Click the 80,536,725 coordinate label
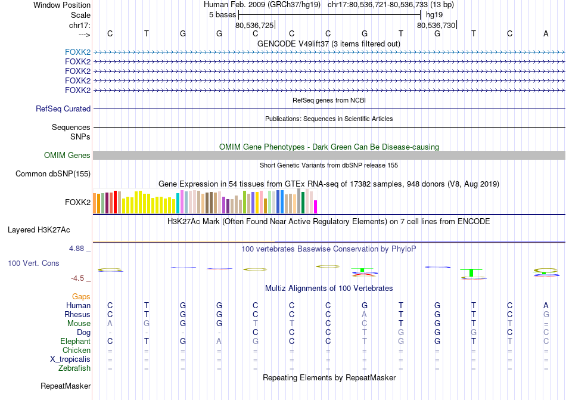[254, 25]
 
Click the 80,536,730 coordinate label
[436, 25]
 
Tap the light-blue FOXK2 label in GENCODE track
[77, 52]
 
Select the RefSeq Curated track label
[63, 109]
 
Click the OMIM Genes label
[67, 156]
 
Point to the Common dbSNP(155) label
[54, 174]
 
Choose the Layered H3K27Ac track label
[47, 230]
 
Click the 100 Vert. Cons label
[33, 263]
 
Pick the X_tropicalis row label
[70, 359]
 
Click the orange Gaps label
[81, 296]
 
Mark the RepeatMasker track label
[66, 386]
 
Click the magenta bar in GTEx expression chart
[316, 206]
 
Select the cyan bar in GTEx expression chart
[178, 203]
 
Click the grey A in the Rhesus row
[365, 314]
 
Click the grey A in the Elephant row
[219, 342]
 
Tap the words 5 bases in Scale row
[222, 14]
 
